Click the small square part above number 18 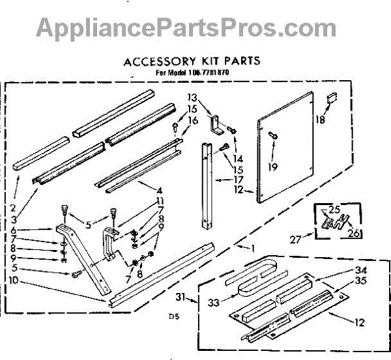[x=331, y=98]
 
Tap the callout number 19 [x=272, y=167]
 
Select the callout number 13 [x=191, y=97]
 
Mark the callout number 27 [x=296, y=239]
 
